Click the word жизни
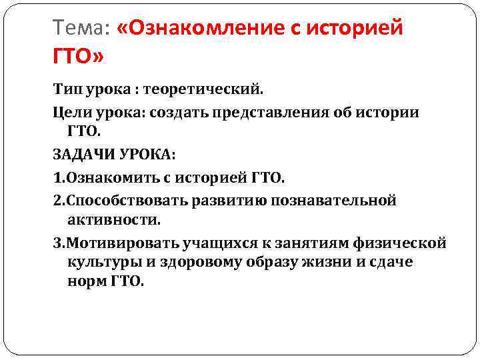[319, 262]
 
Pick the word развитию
[227, 200]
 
